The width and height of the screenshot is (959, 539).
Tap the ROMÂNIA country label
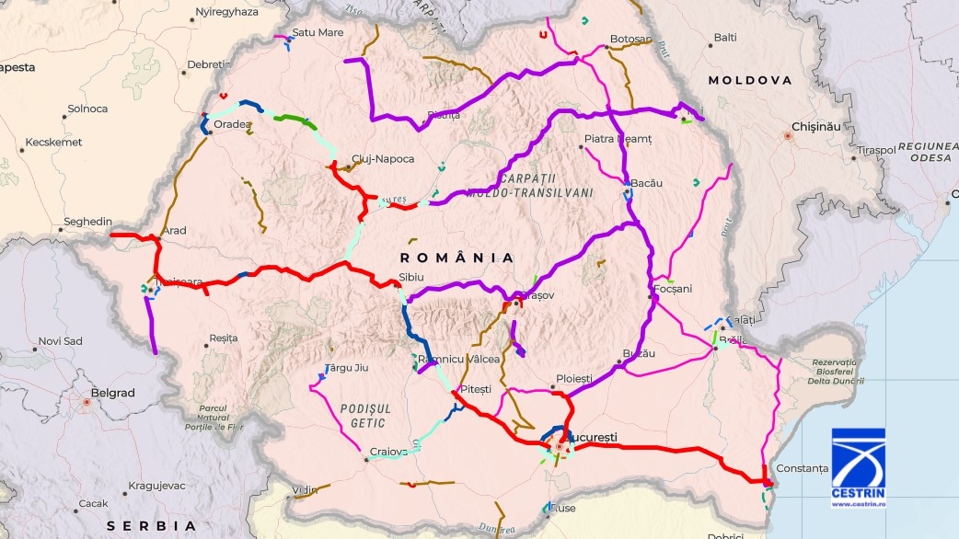click(x=457, y=258)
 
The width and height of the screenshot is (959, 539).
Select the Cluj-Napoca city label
click(x=383, y=159)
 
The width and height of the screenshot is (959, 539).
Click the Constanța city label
click(x=803, y=468)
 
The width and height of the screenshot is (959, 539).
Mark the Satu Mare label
click(x=318, y=32)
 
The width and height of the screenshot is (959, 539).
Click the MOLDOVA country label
click(x=749, y=81)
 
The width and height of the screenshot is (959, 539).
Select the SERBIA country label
click(x=152, y=526)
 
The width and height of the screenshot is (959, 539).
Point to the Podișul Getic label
click(x=365, y=415)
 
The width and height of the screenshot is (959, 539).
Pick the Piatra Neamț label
click(x=618, y=139)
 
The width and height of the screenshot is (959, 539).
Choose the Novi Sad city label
click(x=60, y=341)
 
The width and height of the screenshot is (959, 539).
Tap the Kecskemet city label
click(x=53, y=143)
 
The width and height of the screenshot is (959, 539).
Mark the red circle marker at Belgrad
click(x=87, y=402)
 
